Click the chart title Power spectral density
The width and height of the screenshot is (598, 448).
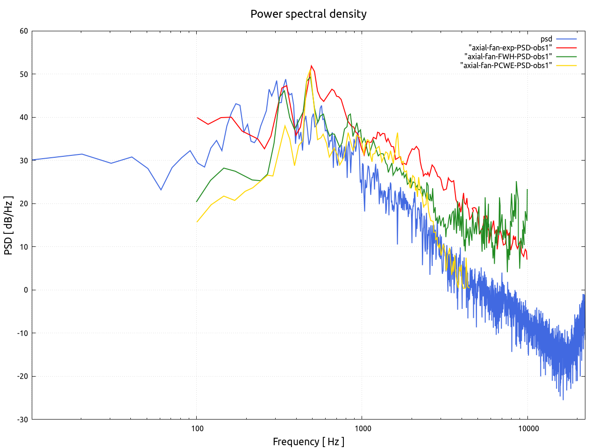tap(308, 14)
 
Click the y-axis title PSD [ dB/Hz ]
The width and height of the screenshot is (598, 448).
tap(8, 225)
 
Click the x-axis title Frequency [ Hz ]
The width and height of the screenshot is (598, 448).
tap(308, 441)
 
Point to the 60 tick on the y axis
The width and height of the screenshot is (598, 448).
tap(24, 31)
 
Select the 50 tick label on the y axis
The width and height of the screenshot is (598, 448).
tap(24, 74)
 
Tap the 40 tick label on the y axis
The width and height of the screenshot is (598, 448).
tap(24, 118)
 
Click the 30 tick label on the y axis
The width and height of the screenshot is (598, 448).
tap(24, 161)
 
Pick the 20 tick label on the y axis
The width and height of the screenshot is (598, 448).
tap(24, 204)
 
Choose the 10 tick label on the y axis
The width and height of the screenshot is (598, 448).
tap(24, 247)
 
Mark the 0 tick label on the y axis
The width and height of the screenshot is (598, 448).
tap(26, 290)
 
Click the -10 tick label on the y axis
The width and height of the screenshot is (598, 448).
tap(22, 333)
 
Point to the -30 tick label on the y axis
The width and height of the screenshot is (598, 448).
tap(22, 420)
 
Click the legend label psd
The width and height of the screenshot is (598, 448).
tap(546, 39)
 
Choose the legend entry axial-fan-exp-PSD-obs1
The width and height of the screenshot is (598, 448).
tap(510, 48)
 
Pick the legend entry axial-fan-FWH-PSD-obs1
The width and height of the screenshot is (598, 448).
tap(508, 56)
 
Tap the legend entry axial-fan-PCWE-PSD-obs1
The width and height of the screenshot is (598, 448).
tap(506, 65)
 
